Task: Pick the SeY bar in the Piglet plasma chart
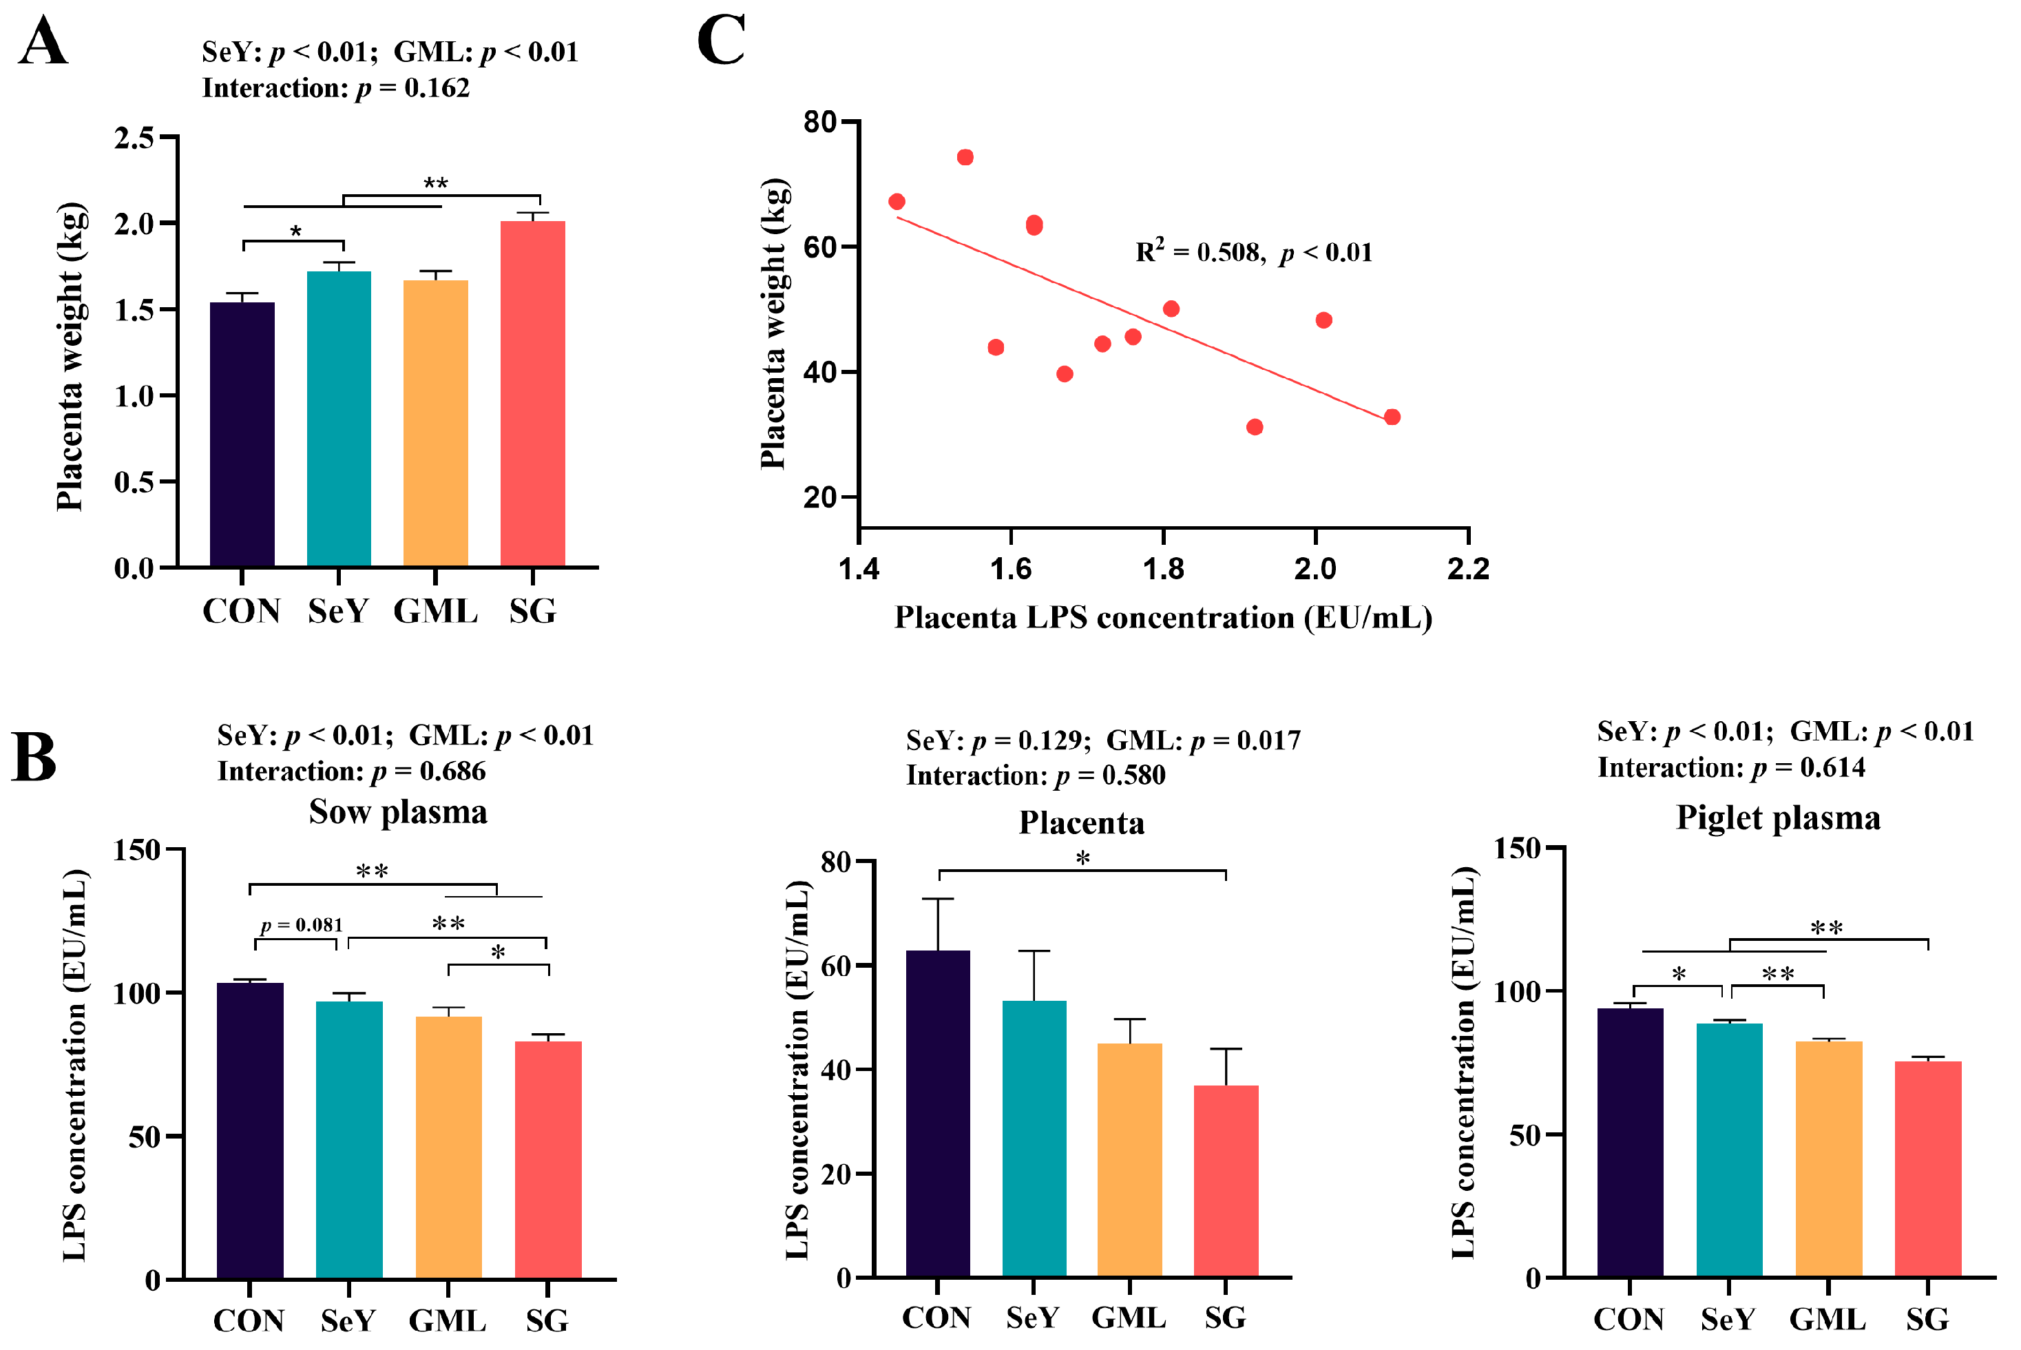tap(1728, 1150)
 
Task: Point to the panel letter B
tap(34, 758)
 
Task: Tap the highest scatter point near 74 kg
tap(965, 158)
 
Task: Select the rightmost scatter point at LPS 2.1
tap(1392, 417)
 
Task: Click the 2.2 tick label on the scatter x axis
tap(1467, 569)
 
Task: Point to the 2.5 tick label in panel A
tap(134, 138)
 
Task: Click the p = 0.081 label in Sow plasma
tap(302, 926)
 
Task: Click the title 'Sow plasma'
tap(398, 812)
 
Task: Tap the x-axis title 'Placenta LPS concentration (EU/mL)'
tap(1163, 619)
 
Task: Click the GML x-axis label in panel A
tap(435, 612)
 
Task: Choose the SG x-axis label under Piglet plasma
tap(1927, 1319)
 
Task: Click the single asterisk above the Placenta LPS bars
tap(1082, 858)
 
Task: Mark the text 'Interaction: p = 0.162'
tap(336, 88)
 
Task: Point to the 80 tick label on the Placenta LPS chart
tap(835, 861)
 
